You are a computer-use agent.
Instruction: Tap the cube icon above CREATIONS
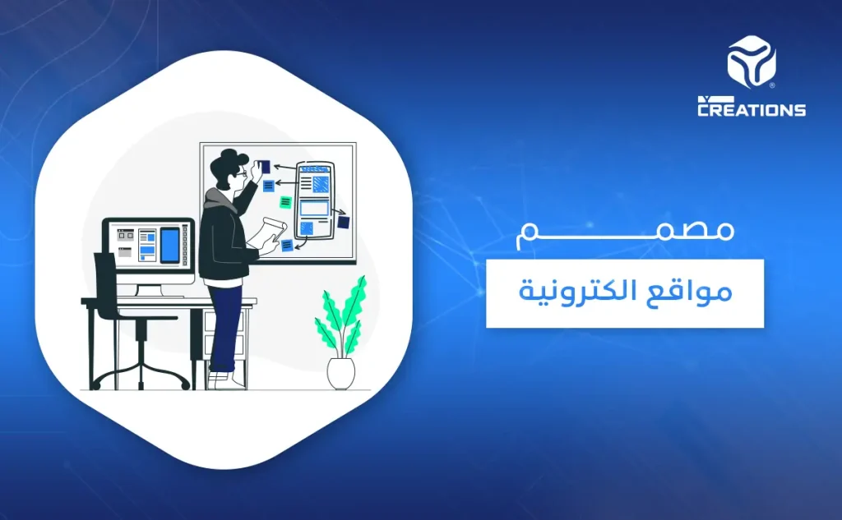752,62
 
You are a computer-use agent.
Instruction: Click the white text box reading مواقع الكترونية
625,292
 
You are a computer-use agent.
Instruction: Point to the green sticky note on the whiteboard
285,202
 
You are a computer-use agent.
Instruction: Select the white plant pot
340,373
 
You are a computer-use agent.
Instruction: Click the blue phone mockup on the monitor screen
169,244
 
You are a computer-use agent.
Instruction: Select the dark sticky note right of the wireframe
343,222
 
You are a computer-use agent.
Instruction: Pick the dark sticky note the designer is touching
265,167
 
